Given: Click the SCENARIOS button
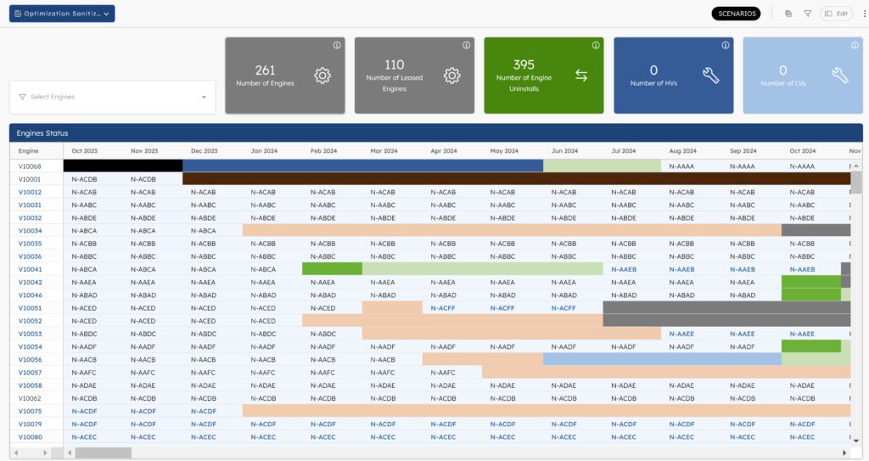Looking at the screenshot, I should (736, 14).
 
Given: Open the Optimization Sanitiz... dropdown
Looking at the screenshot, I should (62, 14).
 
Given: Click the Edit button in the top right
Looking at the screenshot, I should (836, 14).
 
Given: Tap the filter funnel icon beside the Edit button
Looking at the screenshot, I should (807, 14).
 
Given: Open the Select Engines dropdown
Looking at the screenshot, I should (112, 97).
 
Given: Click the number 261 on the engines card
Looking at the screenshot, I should (265, 70).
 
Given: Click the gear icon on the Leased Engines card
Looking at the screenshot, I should (451, 76).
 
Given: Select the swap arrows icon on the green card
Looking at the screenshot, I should (581, 76).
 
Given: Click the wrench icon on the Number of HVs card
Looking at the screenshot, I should (711, 76).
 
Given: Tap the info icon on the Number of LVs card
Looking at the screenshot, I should (855, 45).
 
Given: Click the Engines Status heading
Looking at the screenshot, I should (42, 133).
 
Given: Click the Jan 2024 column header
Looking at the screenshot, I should (265, 151).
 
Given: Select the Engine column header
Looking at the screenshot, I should (29, 151).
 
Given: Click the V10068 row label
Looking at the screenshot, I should (31, 166).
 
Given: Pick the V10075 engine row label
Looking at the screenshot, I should (31, 411).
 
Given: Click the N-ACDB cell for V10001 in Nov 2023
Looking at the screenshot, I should (143, 179).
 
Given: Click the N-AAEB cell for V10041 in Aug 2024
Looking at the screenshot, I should (681, 269).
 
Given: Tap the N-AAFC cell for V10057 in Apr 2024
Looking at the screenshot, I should (444, 373).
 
